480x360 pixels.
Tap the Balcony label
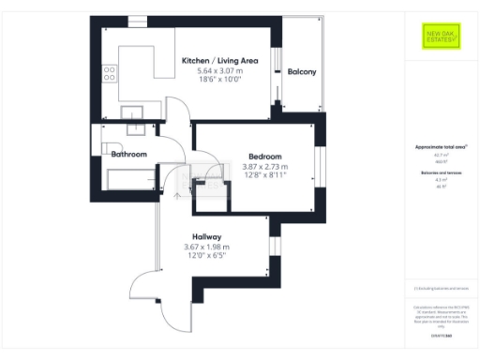coord(301,72)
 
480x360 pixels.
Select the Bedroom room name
coord(265,156)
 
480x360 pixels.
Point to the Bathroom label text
coord(129,154)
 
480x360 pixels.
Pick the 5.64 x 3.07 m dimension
coord(217,71)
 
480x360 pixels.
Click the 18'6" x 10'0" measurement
coord(217,82)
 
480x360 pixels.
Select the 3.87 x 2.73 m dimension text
coord(266,167)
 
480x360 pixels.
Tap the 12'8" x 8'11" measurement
coord(266,176)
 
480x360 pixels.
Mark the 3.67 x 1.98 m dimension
coord(207,247)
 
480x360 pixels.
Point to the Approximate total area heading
coord(441,147)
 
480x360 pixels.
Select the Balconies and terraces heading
coord(441,174)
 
